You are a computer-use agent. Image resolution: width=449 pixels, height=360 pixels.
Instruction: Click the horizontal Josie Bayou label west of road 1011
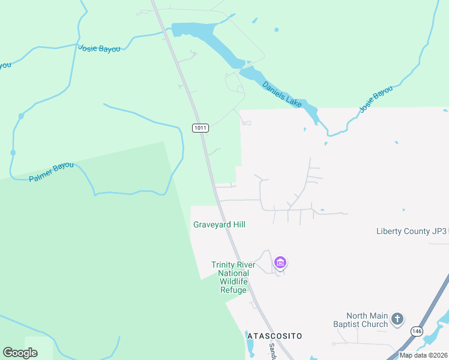(99, 48)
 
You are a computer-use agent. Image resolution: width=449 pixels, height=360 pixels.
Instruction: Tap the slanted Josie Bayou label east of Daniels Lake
(376, 100)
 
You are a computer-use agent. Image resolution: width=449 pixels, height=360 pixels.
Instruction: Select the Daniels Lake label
(282, 94)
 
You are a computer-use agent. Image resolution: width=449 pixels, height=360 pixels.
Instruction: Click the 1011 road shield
(200, 128)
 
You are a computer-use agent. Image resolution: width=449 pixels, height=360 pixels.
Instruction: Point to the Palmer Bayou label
(51, 172)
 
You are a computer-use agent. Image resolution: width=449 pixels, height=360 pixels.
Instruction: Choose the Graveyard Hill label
(219, 224)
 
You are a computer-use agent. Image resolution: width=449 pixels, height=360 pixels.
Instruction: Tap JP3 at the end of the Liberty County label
(440, 231)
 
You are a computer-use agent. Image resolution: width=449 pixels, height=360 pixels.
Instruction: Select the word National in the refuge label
(234, 274)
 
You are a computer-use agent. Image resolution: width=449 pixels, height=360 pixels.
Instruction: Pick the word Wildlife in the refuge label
(234, 282)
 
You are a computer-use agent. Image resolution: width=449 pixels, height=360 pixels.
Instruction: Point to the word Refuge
(233, 290)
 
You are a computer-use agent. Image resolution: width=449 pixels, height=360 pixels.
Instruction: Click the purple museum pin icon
(280, 262)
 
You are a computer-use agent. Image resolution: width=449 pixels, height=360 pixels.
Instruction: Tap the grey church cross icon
(397, 319)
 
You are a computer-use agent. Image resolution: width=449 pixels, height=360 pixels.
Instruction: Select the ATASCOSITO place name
(274, 336)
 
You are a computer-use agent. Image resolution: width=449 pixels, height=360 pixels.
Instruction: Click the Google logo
(20, 353)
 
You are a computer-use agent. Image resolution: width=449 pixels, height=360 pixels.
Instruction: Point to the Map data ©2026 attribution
(423, 355)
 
